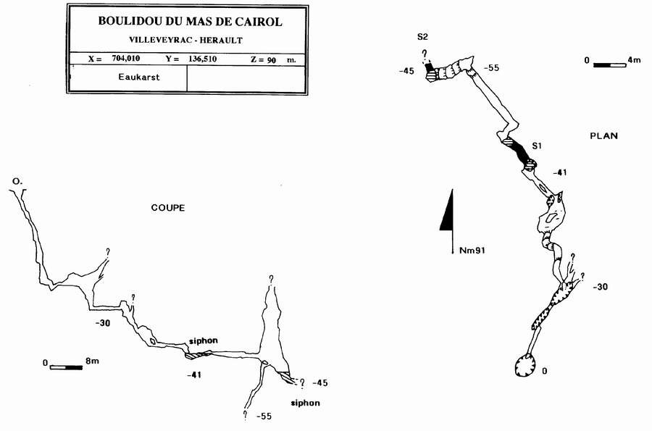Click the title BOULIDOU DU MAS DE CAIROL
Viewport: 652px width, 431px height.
pyautogui.click(x=190, y=22)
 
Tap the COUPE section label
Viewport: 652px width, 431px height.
pyautogui.click(x=167, y=208)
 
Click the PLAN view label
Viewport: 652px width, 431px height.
pyautogui.click(x=603, y=135)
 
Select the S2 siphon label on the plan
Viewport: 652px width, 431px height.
pyautogui.click(x=422, y=37)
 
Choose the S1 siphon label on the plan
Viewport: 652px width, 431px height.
pyautogui.click(x=537, y=146)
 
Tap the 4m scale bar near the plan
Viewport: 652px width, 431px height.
pyautogui.click(x=609, y=65)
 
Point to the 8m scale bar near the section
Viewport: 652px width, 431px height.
pyautogui.click(x=66, y=367)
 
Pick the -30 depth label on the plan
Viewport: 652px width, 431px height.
pyautogui.click(x=600, y=288)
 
